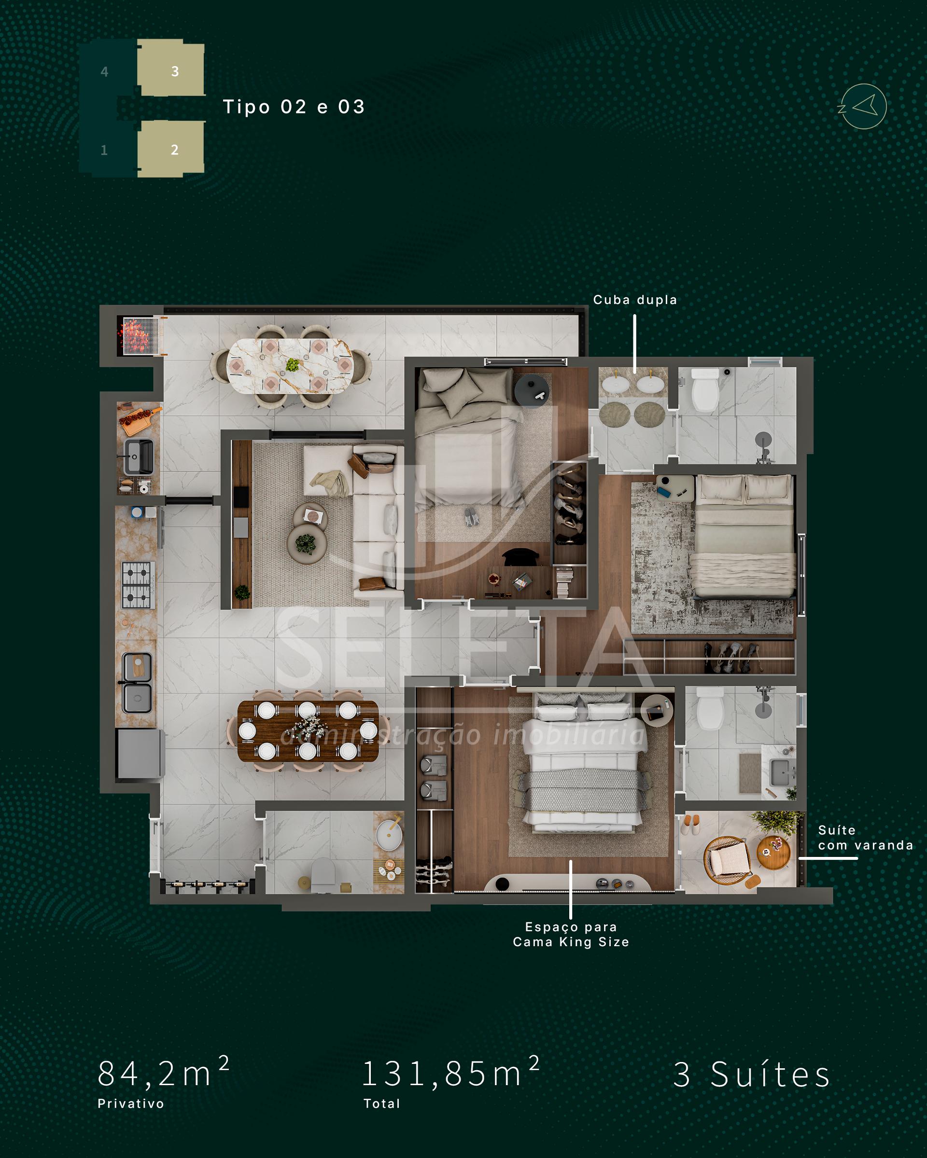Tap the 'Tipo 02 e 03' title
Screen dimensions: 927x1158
click(x=294, y=107)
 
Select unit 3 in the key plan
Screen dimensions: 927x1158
click(x=171, y=70)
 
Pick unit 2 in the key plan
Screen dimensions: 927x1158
click(x=171, y=149)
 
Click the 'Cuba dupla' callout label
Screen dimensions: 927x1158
click(x=635, y=300)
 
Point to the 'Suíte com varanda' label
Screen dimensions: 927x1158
click(x=865, y=838)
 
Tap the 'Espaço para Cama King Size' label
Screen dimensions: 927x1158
click(x=571, y=934)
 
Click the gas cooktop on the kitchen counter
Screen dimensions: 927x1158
click(x=138, y=585)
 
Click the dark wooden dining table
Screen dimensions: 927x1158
click(x=308, y=731)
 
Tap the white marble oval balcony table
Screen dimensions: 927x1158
click(x=290, y=366)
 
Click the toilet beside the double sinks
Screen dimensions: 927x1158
click(x=705, y=389)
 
